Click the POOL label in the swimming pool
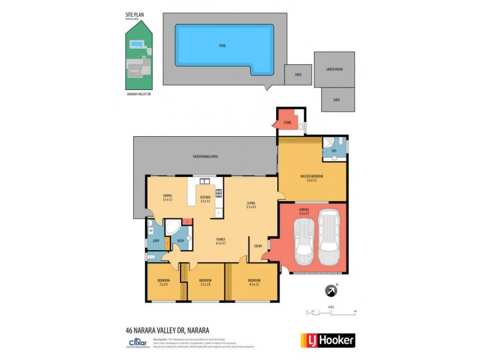click(x=223, y=46)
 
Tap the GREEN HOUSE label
click(x=334, y=69)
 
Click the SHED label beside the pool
click(x=298, y=75)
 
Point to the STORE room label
click(x=287, y=123)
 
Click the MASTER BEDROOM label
click(x=311, y=176)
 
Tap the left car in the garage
click(x=304, y=241)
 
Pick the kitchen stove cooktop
click(x=218, y=193)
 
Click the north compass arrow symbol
click(x=331, y=291)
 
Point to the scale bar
click(x=331, y=312)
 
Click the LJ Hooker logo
click(x=327, y=340)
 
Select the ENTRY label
click(x=258, y=245)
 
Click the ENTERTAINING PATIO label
click(x=205, y=157)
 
